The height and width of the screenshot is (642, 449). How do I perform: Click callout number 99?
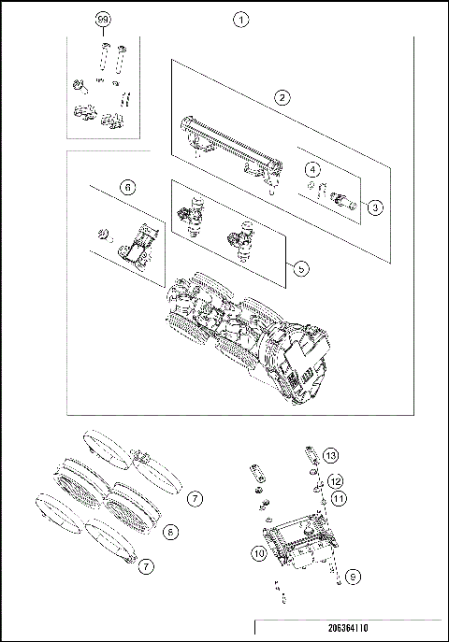[x=103, y=19]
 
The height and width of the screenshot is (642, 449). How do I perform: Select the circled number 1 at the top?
[x=241, y=19]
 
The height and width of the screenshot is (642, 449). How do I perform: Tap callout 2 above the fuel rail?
[x=280, y=96]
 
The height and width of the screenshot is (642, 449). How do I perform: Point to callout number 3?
[x=374, y=207]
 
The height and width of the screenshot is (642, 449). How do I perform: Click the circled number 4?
[x=314, y=169]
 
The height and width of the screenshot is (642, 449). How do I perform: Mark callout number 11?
[x=339, y=499]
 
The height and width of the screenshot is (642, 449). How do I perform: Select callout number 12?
[x=333, y=481]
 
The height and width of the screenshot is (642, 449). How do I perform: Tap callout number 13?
[x=330, y=455]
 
